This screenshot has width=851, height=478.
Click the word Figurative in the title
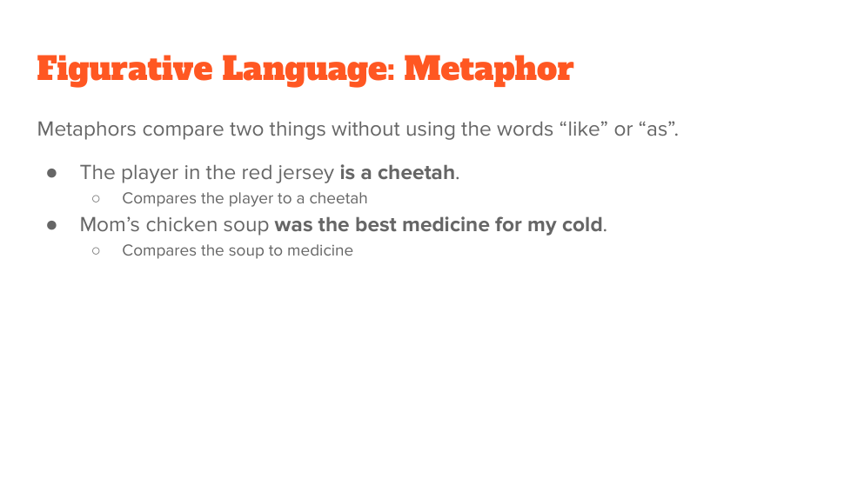coord(124,70)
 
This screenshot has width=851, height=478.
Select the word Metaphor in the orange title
coord(489,70)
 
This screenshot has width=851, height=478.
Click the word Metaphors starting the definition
coord(87,129)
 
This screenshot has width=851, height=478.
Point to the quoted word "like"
coord(584,129)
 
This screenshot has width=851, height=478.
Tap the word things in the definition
coord(298,129)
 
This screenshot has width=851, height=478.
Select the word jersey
coord(305,173)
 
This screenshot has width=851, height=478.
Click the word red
coord(257,172)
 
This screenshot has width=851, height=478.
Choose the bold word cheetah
coord(416,172)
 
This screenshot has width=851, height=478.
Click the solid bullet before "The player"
coord(52,173)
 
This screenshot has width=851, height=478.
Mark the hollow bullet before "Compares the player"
coord(96,199)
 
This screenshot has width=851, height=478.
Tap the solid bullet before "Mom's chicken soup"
coord(52,225)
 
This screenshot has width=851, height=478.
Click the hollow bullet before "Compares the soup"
coord(96,251)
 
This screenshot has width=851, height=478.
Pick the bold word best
coord(376,224)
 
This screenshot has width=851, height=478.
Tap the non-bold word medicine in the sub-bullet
coord(319,250)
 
